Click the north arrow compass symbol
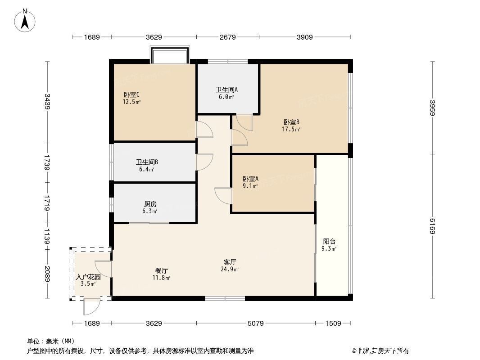coord(26,20)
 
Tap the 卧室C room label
coord(131,94)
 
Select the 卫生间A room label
coord(226,90)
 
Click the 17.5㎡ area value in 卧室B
coord(291,129)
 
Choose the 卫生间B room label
coord(147,162)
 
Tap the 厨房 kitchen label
coord(150,204)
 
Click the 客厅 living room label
coord(231,261)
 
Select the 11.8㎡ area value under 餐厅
coord(162,278)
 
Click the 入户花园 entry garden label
coord(88,277)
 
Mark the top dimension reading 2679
coord(227,37)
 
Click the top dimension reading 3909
coord(305,37)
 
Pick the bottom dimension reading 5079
coord(256,323)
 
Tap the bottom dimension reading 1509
coord(334,323)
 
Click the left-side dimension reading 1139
coord(47,234)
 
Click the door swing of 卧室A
coord(223,195)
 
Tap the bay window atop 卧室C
coord(170,56)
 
